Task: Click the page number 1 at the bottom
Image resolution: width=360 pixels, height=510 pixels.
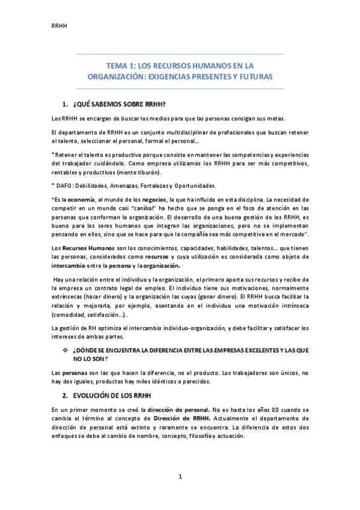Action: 180,477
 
